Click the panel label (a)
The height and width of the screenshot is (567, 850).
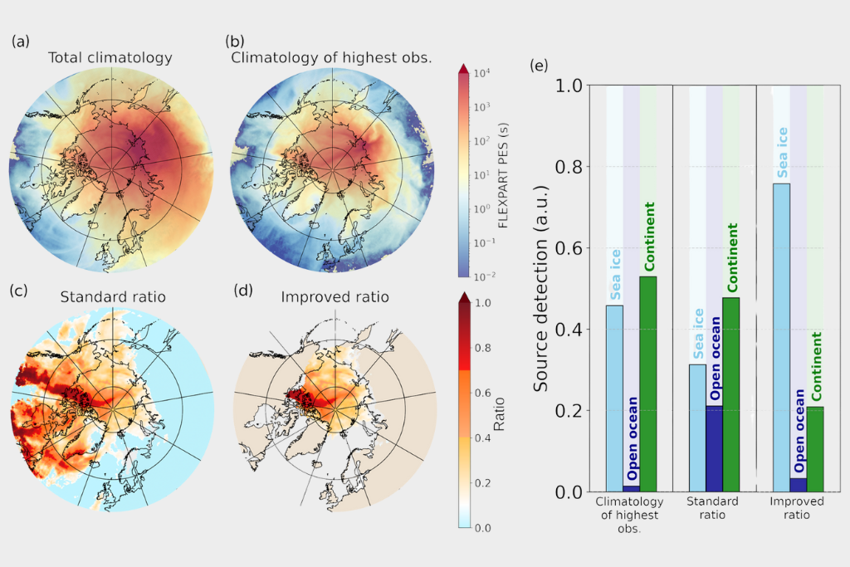pyautogui.click(x=20, y=40)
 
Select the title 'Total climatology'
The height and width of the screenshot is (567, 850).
pyautogui.click(x=110, y=58)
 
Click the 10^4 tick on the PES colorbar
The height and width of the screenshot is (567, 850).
pyautogui.click(x=482, y=73)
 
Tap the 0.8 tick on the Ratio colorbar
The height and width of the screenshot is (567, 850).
pyautogui.click(x=482, y=347)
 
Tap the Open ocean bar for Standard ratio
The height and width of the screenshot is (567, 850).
pyautogui.click(x=714, y=448)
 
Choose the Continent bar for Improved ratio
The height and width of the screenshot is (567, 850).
pyautogui.click(x=815, y=449)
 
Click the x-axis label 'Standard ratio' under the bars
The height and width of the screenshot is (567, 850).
pyautogui.click(x=714, y=509)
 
